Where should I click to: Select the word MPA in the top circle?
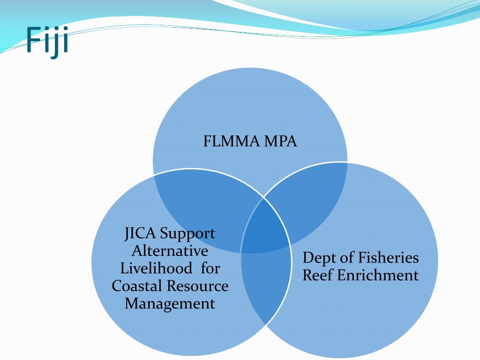click(x=281, y=141)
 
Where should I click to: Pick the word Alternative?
click(x=170, y=251)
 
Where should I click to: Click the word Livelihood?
click(x=156, y=268)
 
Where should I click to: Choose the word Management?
click(x=170, y=303)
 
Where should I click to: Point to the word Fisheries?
click(x=389, y=257)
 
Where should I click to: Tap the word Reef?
click(x=318, y=275)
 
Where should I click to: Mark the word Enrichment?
click(x=378, y=275)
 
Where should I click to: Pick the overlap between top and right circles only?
click(x=309, y=197)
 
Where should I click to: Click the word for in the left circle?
click(x=211, y=268)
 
